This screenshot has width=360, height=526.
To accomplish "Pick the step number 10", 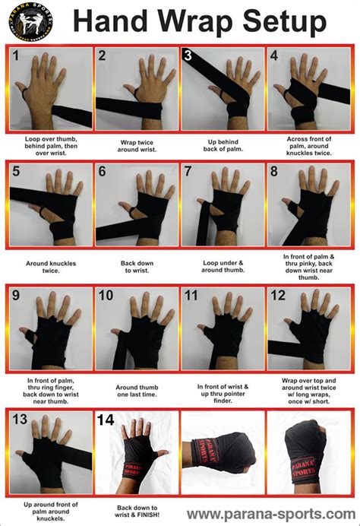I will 106,295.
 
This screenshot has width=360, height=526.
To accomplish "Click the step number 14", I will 106,419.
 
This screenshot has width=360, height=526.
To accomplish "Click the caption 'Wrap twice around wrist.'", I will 137,146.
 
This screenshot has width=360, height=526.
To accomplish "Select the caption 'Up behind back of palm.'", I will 223,146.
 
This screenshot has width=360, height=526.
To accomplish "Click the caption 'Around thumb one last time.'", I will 137,390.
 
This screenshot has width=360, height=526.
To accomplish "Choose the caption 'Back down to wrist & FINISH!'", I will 137,512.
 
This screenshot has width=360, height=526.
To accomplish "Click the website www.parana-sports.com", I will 270,514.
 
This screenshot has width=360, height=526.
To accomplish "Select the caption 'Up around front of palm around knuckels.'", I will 50,509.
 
